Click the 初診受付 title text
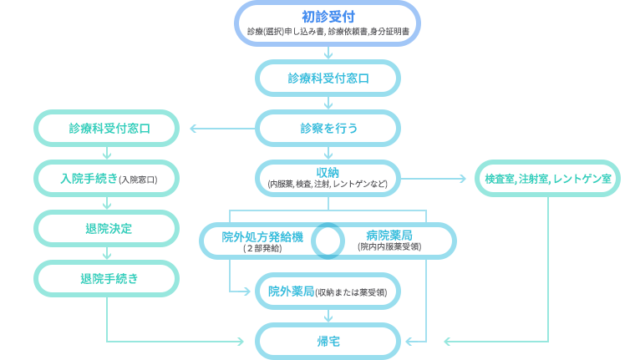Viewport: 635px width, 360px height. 328,17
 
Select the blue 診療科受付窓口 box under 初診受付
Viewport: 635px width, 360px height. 328,79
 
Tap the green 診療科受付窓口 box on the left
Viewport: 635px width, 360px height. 106,129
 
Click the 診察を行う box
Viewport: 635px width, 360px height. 328,129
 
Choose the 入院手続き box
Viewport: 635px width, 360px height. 106,179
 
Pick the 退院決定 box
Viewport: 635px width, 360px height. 106,229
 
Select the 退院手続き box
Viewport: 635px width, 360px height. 106,279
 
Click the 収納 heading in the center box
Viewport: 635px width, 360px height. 328,173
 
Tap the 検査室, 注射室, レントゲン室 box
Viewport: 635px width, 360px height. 547,179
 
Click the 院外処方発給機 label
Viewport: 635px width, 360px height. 262,237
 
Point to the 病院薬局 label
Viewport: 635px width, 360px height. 389,236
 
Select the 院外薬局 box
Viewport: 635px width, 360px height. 328,292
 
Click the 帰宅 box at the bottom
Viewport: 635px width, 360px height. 328,342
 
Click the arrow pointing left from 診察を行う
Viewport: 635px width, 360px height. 222,129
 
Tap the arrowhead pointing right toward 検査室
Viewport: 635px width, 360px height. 463,179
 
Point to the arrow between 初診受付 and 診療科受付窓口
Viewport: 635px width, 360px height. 328,53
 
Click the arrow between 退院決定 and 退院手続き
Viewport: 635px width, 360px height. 107,253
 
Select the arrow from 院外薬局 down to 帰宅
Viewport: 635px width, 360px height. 328,316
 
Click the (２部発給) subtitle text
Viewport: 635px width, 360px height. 262,248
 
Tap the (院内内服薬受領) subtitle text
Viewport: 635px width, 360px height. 389,246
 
